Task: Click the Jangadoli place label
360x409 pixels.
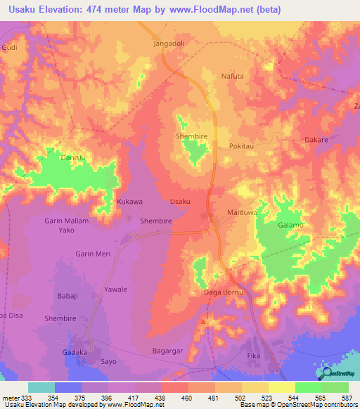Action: (168, 43)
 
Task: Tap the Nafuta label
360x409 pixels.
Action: (232, 76)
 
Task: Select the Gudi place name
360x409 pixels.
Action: (9, 47)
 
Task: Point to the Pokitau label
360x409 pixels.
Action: (242, 146)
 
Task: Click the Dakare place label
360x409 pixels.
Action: (316, 140)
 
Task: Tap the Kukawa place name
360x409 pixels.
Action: (129, 202)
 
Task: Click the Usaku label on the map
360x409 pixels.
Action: (180, 202)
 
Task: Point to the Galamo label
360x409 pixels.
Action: (290, 225)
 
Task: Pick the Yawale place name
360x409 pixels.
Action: (116, 289)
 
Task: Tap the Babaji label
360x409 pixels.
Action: (68, 296)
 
